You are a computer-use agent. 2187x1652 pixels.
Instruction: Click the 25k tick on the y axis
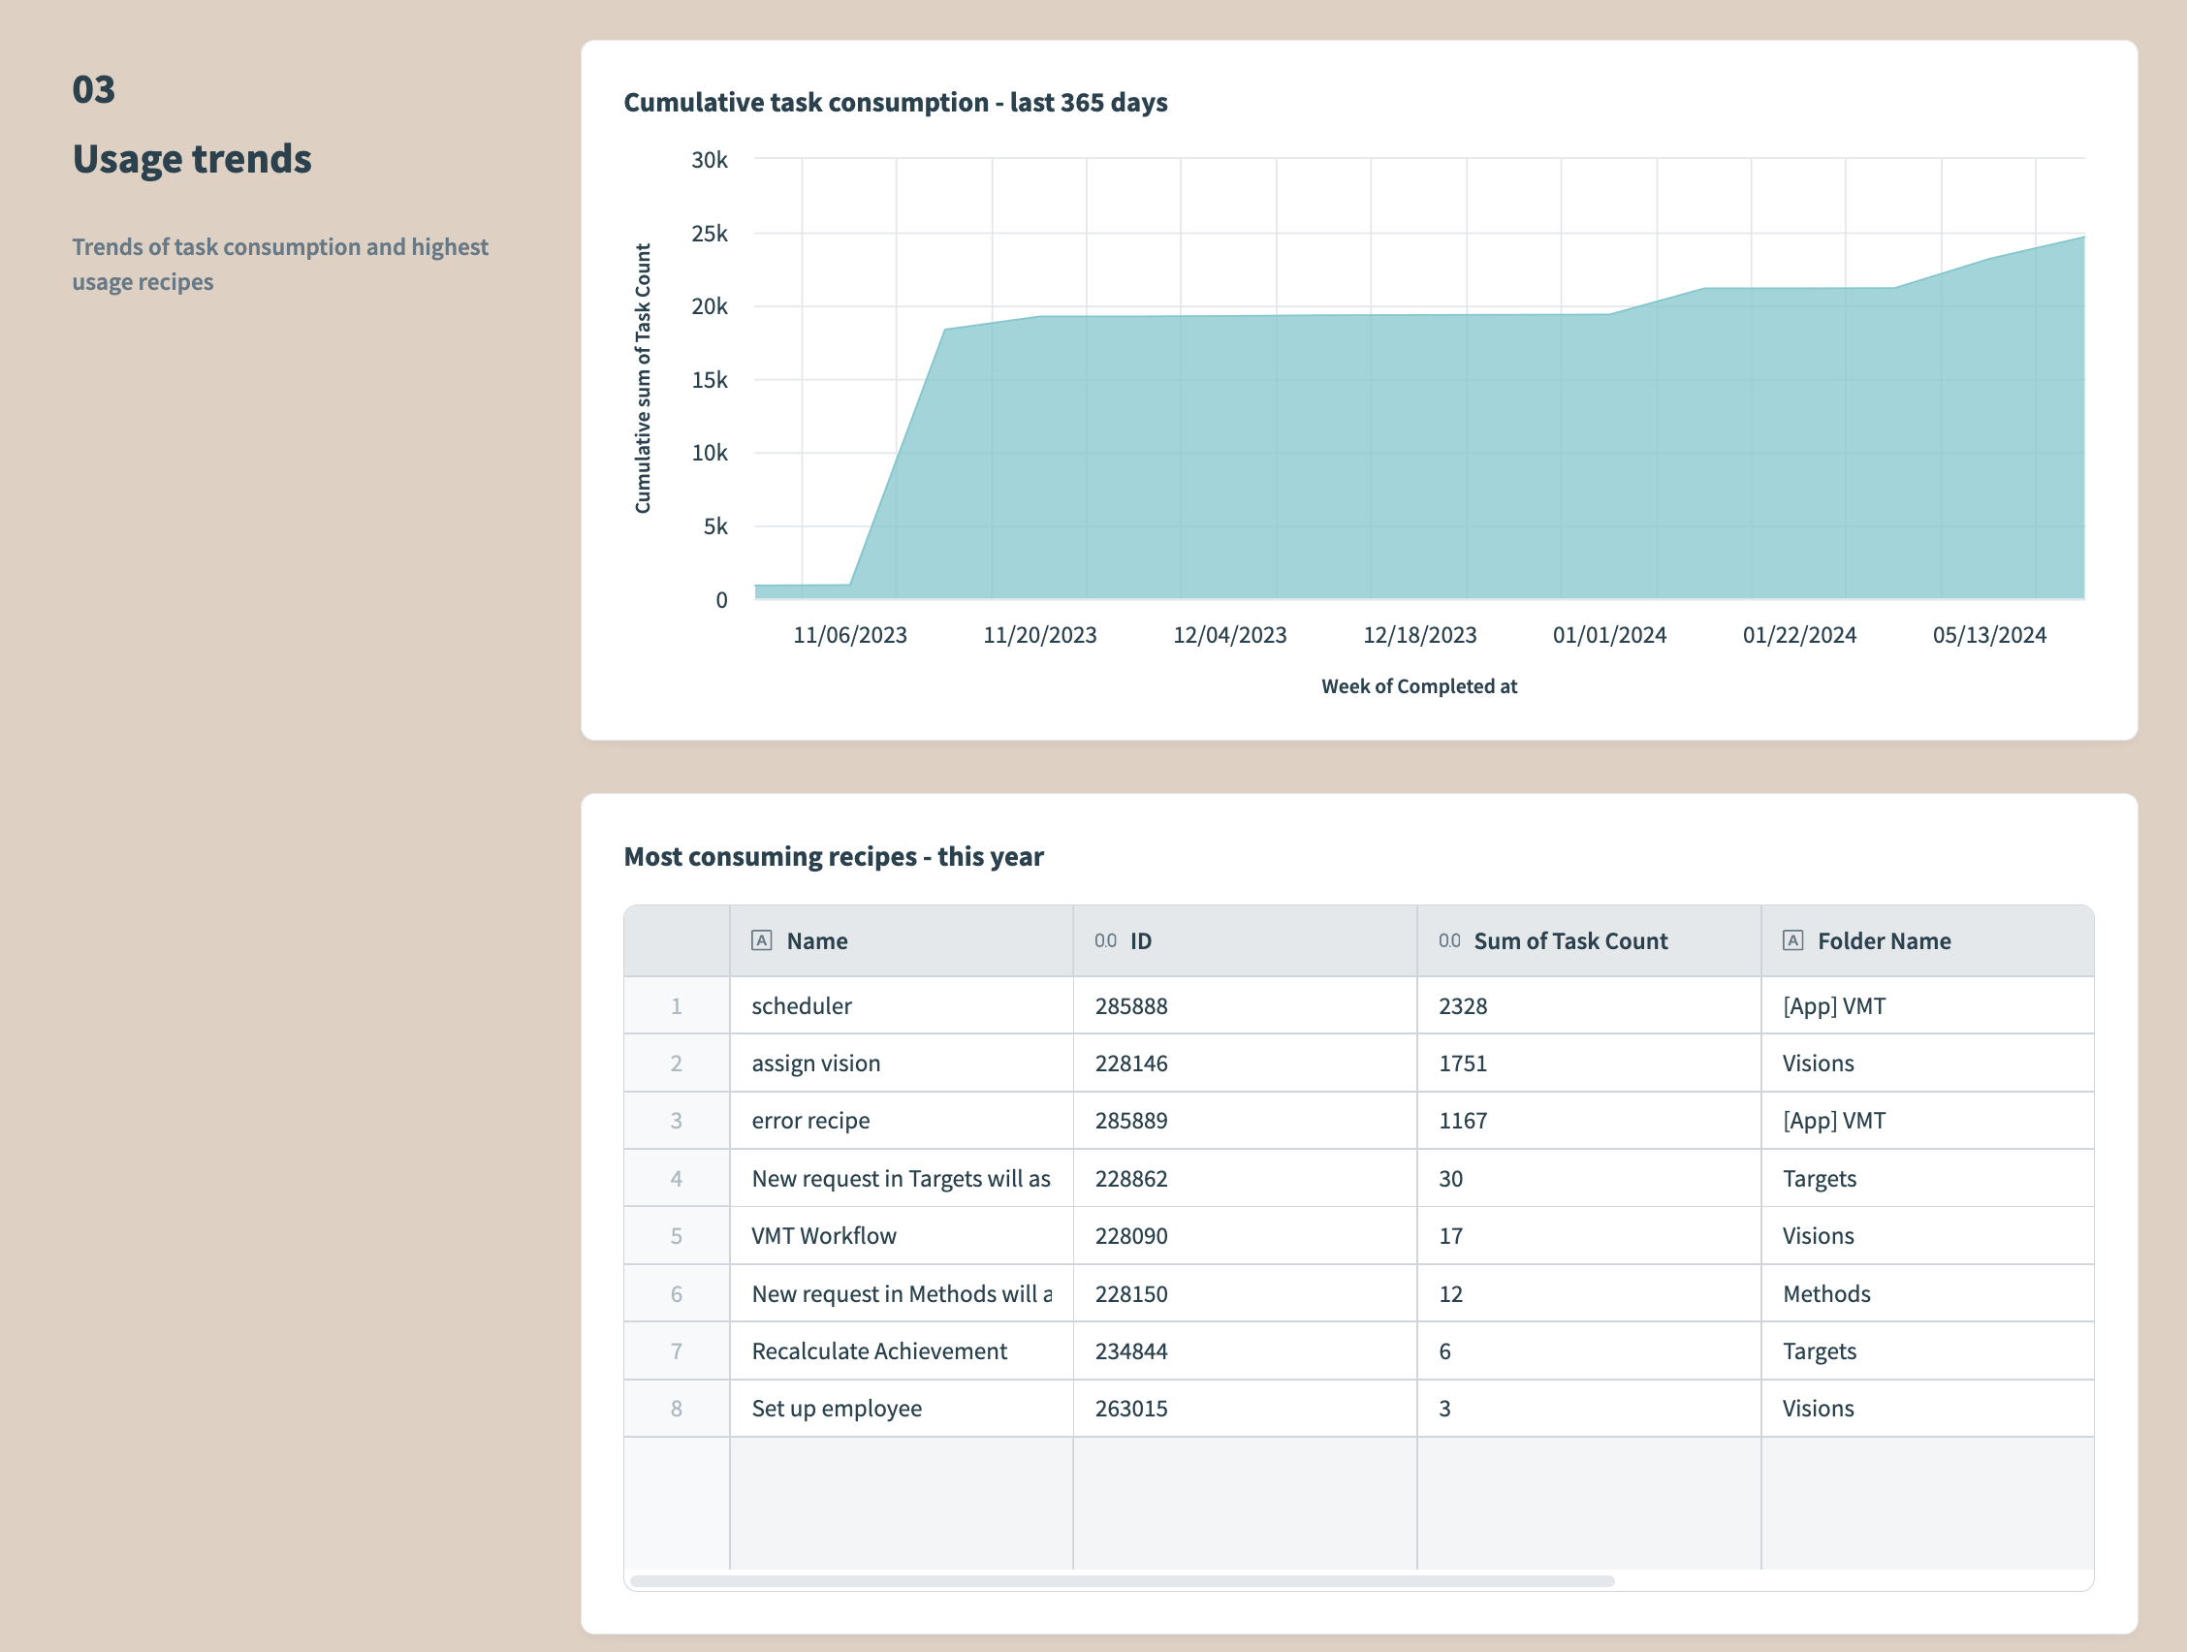pos(709,234)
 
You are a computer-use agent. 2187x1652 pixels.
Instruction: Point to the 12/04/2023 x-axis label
pos(1229,635)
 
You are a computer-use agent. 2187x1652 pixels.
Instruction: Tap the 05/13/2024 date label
pos(1988,635)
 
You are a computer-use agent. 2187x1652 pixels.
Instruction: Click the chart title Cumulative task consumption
pos(895,103)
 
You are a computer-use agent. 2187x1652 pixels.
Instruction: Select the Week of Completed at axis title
pos(1418,686)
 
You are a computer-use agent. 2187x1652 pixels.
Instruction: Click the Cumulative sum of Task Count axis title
pos(643,378)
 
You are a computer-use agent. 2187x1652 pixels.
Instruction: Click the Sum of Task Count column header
pos(1569,941)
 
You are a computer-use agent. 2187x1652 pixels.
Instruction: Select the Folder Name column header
pos(1884,941)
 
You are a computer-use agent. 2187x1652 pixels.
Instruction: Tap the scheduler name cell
pos(801,1005)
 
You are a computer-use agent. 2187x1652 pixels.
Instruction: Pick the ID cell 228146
pos(1131,1063)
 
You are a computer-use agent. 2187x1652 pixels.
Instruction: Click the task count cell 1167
pos(1462,1120)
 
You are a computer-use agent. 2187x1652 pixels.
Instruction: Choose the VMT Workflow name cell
pos(824,1236)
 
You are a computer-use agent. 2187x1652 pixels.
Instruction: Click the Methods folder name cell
pos(1826,1293)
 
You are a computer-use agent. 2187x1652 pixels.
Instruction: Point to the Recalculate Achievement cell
pos(879,1350)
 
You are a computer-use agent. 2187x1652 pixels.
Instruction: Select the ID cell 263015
pos(1131,1408)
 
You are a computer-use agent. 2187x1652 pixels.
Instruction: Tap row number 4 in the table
pos(677,1179)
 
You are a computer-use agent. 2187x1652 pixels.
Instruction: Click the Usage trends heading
pos(192,159)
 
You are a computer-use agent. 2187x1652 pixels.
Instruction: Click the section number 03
pos(94,90)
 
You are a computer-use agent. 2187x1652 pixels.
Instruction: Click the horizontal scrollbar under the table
pos(1123,1581)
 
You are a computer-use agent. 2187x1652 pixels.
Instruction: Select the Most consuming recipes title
pos(834,856)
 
